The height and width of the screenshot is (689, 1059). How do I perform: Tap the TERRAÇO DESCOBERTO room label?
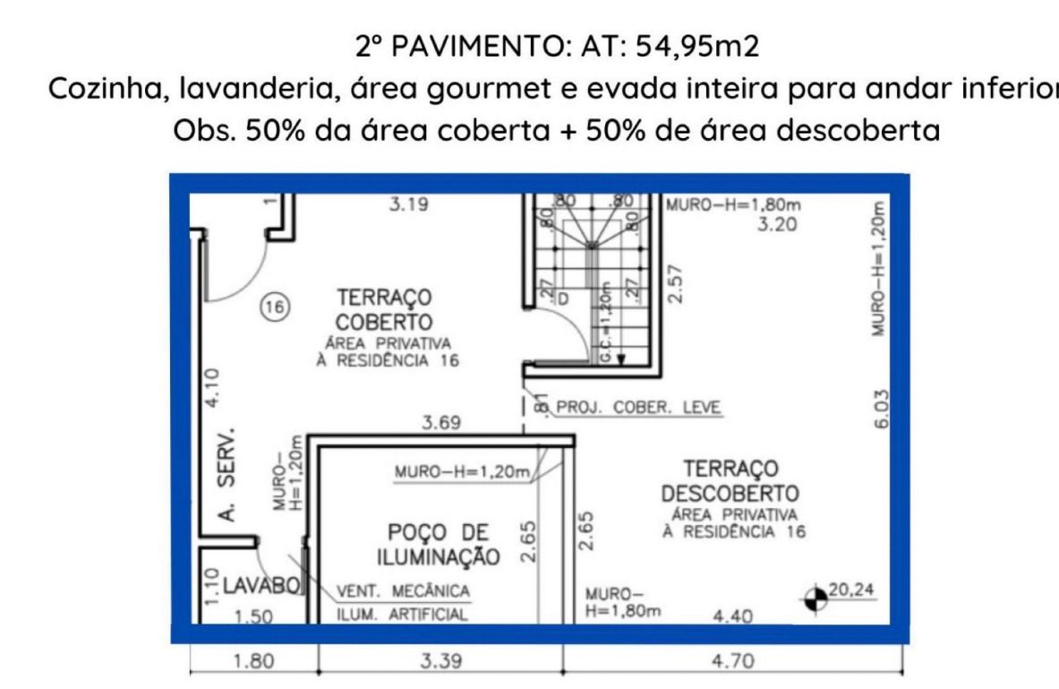click(x=730, y=481)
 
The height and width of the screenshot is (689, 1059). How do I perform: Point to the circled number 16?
click(x=273, y=307)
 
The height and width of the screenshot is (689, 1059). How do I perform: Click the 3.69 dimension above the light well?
click(x=441, y=422)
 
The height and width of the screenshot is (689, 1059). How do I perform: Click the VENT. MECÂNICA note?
click(x=403, y=591)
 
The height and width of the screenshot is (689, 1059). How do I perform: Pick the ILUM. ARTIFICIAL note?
click(x=402, y=615)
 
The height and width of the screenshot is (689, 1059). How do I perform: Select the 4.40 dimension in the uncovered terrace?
click(x=731, y=616)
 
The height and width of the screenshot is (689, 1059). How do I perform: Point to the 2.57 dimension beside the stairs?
click(x=677, y=283)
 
